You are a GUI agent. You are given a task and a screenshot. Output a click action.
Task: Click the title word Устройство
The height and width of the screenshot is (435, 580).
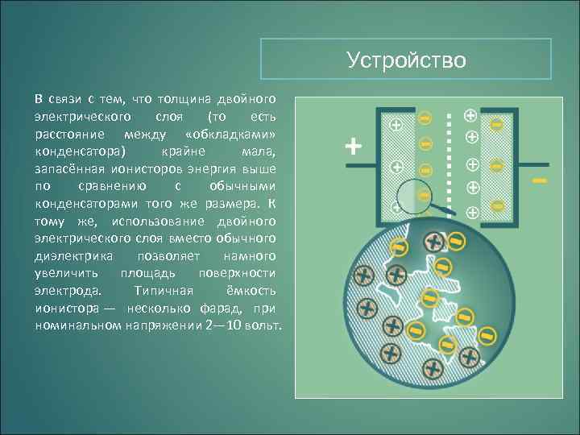pyautogui.click(x=406, y=60)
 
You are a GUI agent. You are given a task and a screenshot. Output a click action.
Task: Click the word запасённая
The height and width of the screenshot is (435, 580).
pyautogui.click(x=67, y=168)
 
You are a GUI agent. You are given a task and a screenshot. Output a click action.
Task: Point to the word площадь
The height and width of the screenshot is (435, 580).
pyautogui.click(x=146, y=273)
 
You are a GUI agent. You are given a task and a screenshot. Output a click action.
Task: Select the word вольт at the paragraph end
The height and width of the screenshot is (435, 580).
pyautogui.click(x=263, y=325)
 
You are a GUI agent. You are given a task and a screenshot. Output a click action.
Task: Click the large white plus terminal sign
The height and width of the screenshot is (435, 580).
pyautogui.click(x=353, y=147)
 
